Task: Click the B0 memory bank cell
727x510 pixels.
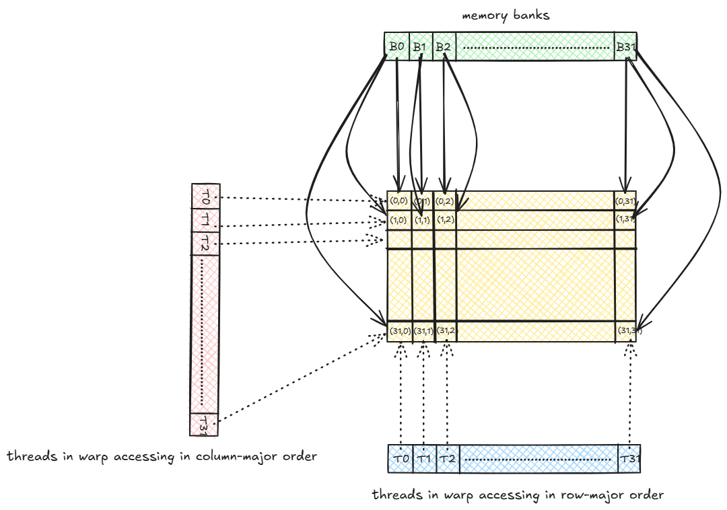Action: (x=396, y=46)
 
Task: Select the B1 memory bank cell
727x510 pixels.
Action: (x=420, y=46)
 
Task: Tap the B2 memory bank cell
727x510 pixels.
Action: (x=443, y=46)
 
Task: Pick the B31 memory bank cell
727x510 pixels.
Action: (x=625, y=46)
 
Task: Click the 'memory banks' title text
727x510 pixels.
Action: (x=506, y=15)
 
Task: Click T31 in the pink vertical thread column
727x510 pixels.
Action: (x=204, y=424)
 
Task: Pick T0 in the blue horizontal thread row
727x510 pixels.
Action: (x=401, y=459)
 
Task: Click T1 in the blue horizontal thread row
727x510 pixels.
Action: (x=424, y=459)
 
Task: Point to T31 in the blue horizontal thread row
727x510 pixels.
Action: (x=629, y=459)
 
